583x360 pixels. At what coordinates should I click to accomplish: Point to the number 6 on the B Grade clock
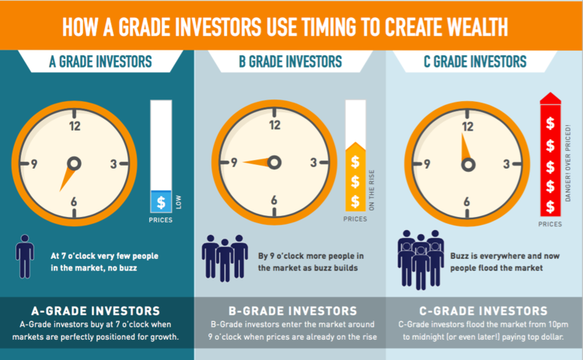(273, 201)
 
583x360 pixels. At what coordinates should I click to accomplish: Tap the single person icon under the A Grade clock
(25, 257)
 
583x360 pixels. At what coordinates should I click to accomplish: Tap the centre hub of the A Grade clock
(74, 163)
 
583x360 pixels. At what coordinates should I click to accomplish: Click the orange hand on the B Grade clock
(257, 162)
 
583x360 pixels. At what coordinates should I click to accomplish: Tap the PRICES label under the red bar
(550, 225)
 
